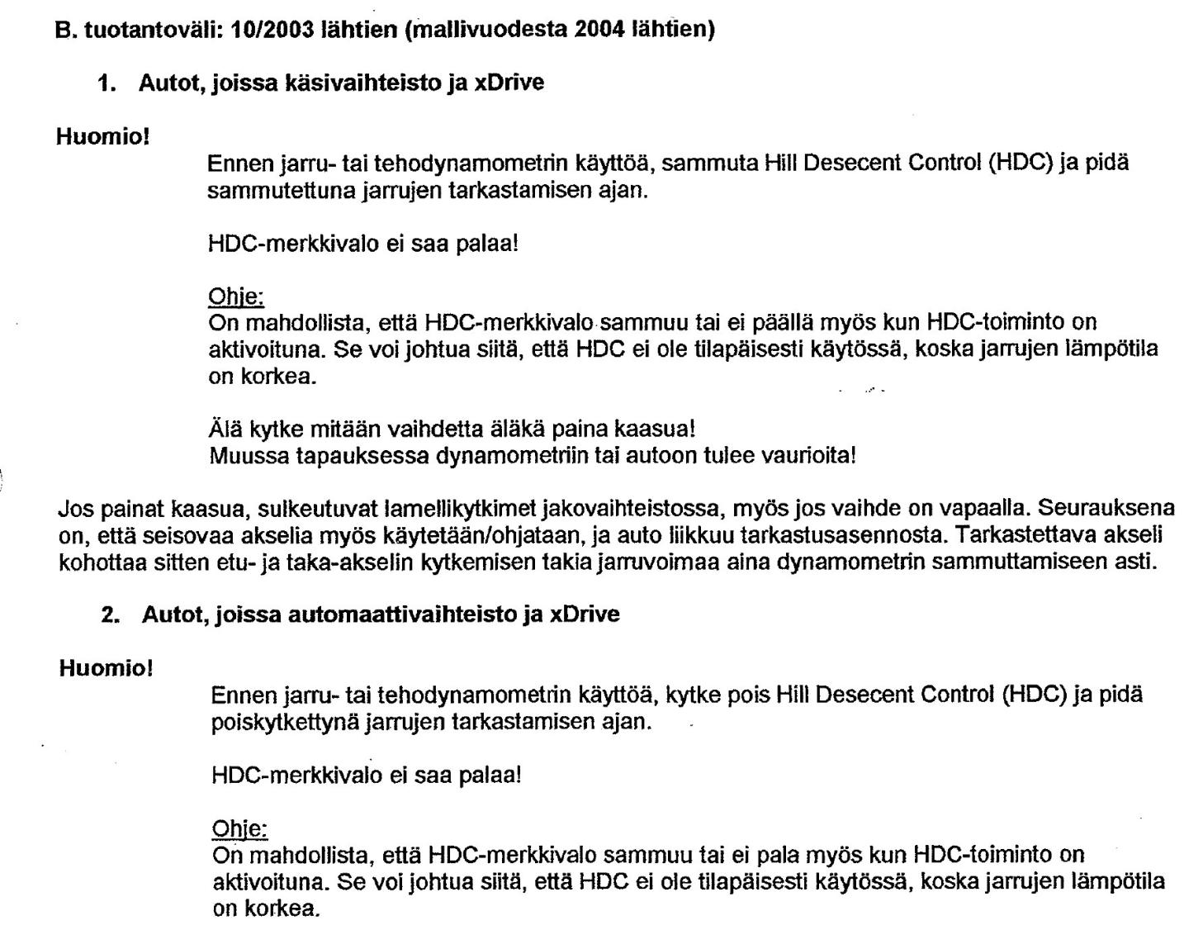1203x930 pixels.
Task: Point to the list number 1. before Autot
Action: [107, 83]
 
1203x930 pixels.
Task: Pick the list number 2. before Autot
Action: [111, 615]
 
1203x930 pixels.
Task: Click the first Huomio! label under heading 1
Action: [102, 136]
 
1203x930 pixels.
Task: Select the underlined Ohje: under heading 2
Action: [239, 828]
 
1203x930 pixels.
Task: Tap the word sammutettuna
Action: [281, 191]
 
